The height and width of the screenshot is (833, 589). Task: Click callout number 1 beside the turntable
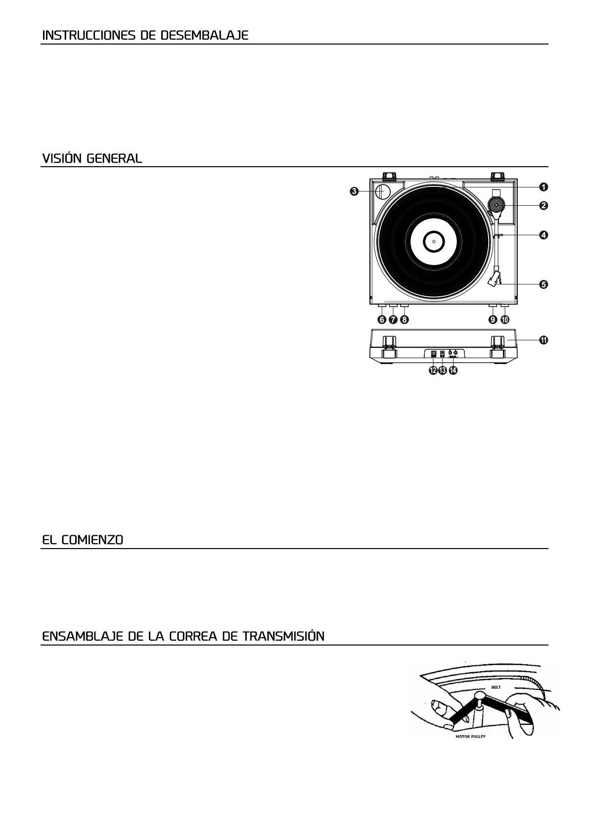point(543,187)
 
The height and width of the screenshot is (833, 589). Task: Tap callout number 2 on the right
point(543,205)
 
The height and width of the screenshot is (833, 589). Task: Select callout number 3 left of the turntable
point(355,191)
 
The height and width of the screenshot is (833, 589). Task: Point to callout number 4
point(543,235)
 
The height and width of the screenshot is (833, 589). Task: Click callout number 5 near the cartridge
point(543,284)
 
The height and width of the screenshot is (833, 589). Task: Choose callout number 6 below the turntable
point(382,320)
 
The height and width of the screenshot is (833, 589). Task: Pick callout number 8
point(405,320)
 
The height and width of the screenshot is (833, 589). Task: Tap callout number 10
point(504,320)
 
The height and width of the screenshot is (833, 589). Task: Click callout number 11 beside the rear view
point(543,340)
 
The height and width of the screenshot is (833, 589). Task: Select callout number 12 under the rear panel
point(433,370)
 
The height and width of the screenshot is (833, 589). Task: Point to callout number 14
point(453,370)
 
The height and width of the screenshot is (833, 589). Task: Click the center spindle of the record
point(433,242)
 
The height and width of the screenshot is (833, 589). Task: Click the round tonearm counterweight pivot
point(496,204)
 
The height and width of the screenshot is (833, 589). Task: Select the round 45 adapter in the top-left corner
point(383,191)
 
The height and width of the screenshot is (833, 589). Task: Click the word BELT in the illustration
point(496,687)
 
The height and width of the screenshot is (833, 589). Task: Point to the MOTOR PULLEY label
point(470,737)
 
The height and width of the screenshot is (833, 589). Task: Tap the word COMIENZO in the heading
point(92,540)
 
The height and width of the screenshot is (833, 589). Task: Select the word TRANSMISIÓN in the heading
point(283,636)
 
